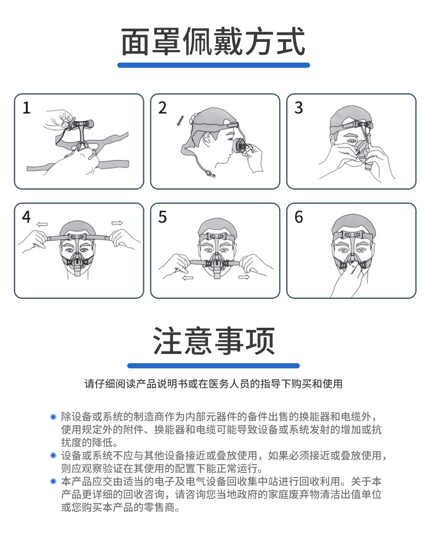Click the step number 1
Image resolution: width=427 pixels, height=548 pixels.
click(26, 108)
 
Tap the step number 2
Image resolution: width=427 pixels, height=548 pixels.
click(163, 108)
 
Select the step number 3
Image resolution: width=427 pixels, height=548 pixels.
click(298, 108)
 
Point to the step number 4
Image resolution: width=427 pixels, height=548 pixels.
click(26, 217)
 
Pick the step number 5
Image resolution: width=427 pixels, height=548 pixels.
click(163, 217)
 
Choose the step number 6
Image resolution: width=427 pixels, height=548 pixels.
click(298, 217)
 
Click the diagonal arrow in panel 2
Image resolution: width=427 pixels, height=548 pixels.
click(180, 120)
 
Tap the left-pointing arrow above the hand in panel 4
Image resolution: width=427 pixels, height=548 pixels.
click(42, 224)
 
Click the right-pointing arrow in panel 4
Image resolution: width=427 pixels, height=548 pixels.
click(117, 223)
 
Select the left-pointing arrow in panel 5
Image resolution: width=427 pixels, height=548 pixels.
click(188, 278)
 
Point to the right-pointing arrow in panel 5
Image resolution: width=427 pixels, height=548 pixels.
click(244, 277)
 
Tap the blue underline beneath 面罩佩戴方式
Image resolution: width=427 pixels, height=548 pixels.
click(213, 65)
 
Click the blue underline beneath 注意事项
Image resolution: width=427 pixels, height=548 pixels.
click(213, 366)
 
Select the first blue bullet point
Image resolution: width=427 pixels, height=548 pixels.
click(53, 417)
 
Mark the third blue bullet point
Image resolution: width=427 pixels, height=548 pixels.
click(53, 481)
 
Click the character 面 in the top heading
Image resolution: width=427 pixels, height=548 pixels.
click(135, 41)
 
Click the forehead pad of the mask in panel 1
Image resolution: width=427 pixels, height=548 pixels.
click(81, 124)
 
